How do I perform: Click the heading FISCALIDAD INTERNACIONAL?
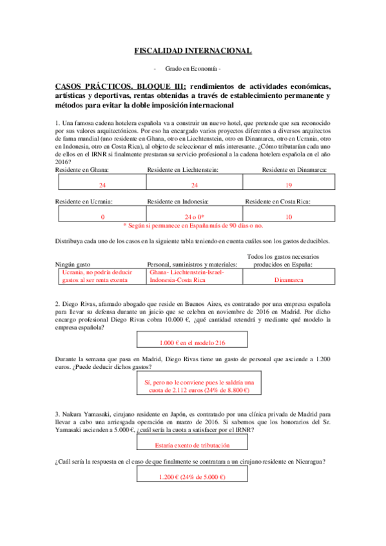193,50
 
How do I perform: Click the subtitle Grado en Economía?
193,68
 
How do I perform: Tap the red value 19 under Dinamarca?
289,185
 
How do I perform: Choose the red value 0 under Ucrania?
102,217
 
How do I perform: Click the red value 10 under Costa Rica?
289,217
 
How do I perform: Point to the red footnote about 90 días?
193,226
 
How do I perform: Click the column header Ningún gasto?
77,264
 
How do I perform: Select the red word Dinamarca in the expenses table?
289,280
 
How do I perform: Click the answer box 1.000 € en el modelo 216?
193,343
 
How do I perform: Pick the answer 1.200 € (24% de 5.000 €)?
193,476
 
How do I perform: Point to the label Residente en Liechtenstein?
184,169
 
